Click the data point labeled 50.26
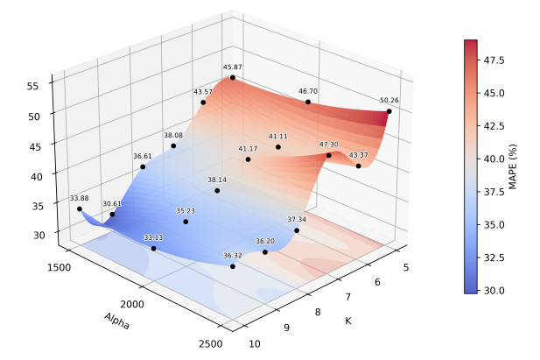[x=389, y=111]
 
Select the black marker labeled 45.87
[x=233, y=78]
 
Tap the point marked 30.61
[x=112, y=215]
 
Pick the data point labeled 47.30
[x=329, y=156]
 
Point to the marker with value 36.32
[x=233, y=266]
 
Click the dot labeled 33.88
[x=80, y=209]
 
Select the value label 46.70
[x=308, y=91]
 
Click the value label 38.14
[x=217, y=180]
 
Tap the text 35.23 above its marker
[x=186, y=211]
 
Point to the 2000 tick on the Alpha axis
[x=132, y=304]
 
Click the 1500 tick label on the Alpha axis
[x=60, y=267]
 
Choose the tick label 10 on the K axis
[x=255, y=343]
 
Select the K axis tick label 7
[x=347, y=297]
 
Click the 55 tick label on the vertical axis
[x=33, y=86]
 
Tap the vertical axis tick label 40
[x=37, y=177]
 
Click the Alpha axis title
[x=117, y=321]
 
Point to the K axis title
[x=348, y=321]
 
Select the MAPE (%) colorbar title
[x=513, y=167]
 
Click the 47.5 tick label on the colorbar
[x=494, y=60]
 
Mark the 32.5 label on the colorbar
[x=494, y=258]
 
